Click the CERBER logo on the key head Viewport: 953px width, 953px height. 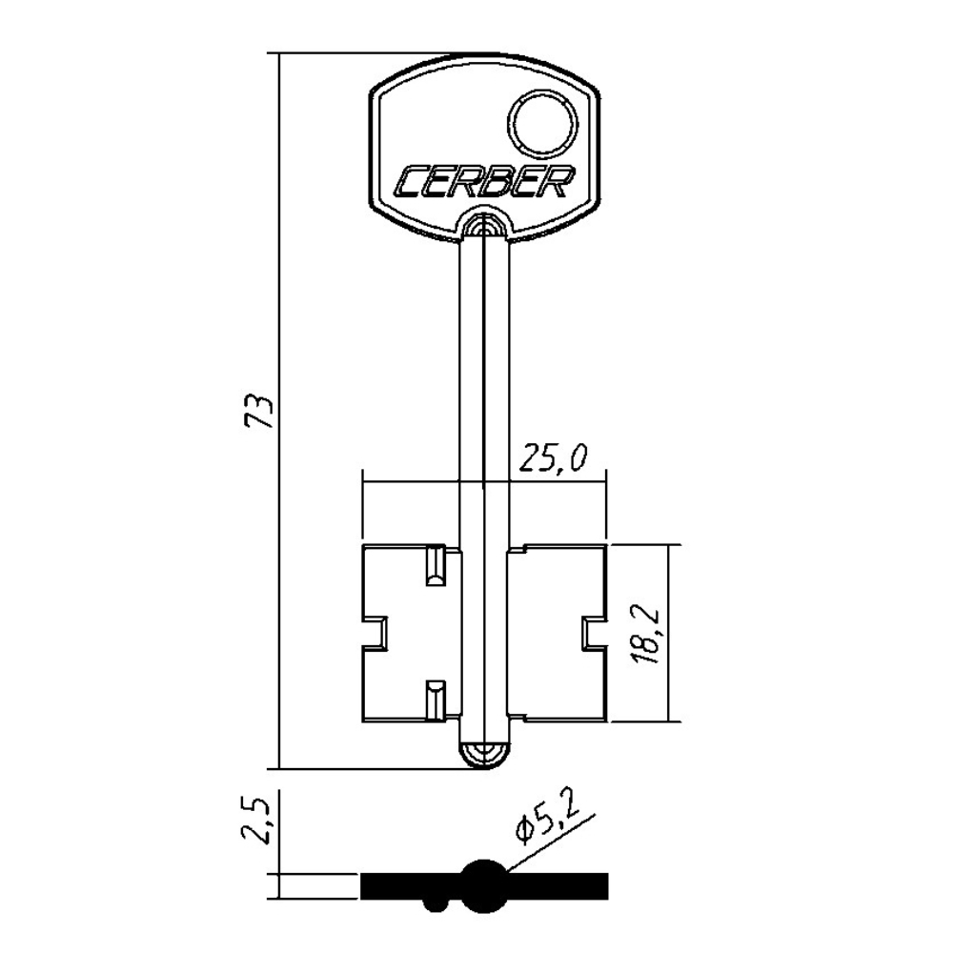click(x=483, y=182)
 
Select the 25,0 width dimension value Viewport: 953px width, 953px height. click(x=553, y=459)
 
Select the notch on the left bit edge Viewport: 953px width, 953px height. click(x=375, y=634)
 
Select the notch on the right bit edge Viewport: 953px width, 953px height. click(x=594, y=634)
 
